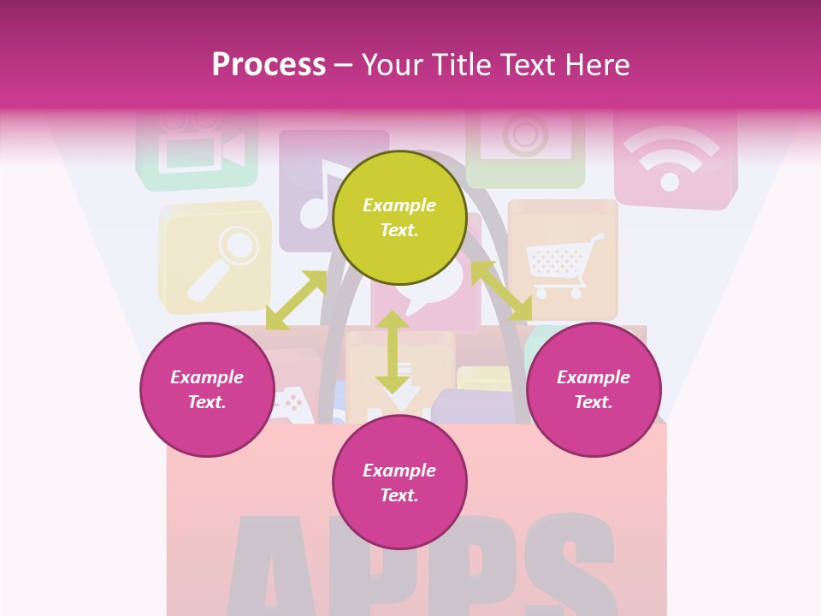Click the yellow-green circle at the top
399,217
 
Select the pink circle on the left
207,389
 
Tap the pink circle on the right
594,389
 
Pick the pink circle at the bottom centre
399,483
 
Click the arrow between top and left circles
297,300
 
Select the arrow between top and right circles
501,291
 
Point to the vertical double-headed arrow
393,352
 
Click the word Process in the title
269,64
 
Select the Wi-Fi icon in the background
670,159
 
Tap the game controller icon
293,402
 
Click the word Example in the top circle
399,205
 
